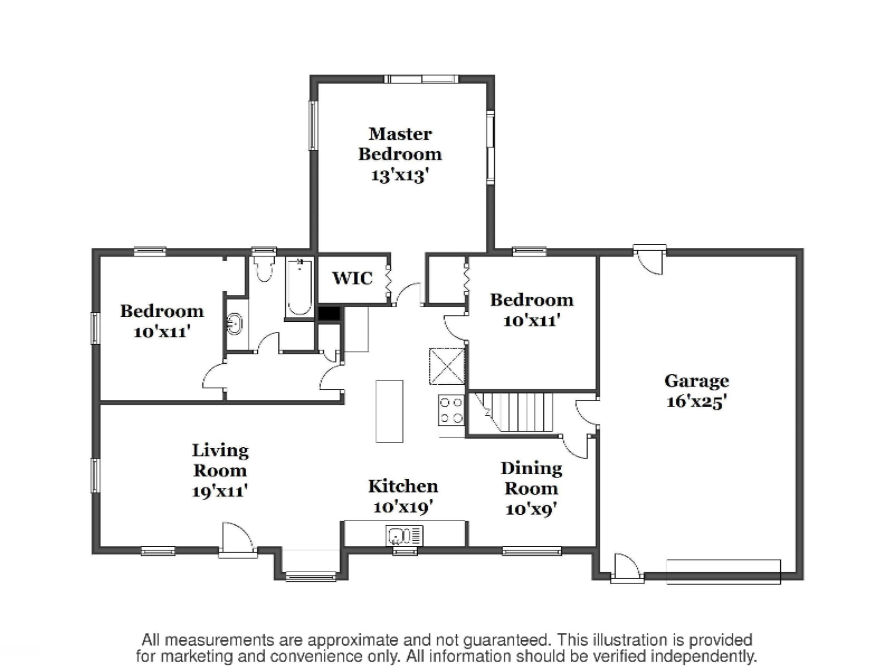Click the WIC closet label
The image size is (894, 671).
click(x=352, y=278)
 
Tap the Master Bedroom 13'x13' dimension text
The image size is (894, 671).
click(x=399, y=176)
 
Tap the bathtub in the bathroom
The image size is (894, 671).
click(x=299, y=287)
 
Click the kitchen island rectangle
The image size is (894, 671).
click(x=389, y=411)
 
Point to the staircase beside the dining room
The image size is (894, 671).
click(x=511, y=412)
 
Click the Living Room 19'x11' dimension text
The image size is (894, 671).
click(x=219, y=491)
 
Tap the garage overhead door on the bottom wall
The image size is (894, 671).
click(x=724, y=571)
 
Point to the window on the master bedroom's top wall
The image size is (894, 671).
click(x=421, y=79)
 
